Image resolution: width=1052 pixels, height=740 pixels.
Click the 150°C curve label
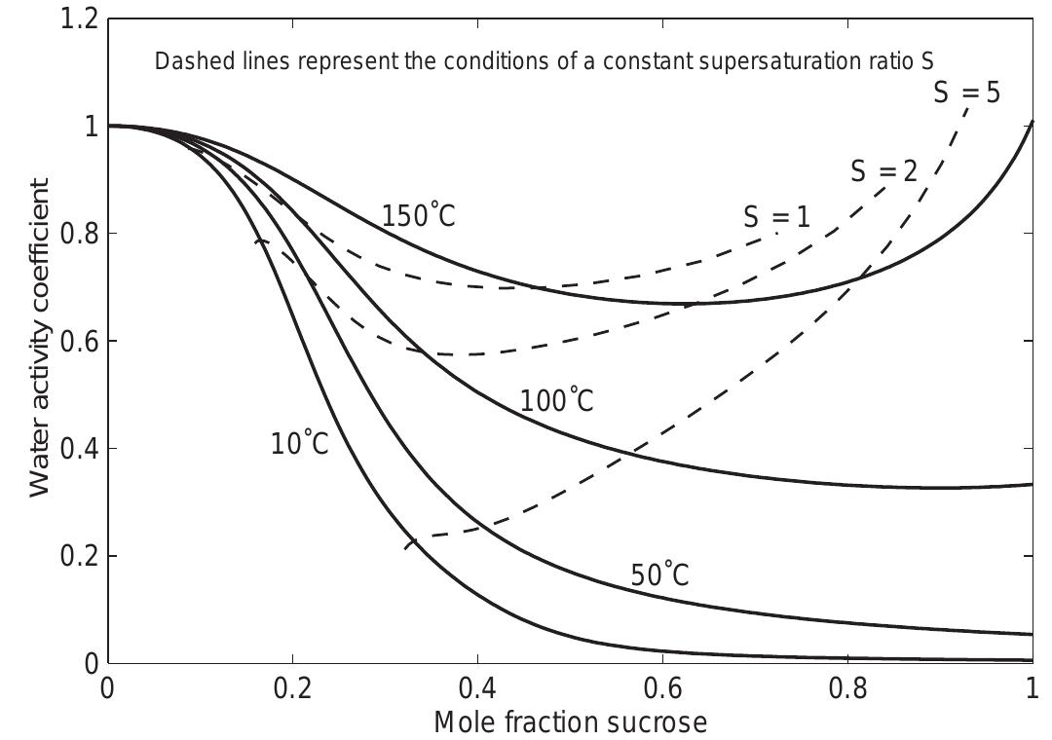pos(418,215)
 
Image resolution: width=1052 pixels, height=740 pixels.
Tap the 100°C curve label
pos(556,400)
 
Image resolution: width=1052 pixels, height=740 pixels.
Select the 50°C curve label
pos(659,575)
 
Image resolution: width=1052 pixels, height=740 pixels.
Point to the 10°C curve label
pos(299,444)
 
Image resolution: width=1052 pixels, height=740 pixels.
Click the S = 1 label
pos(776,217)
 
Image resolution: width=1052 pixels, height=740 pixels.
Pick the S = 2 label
pos(883,171)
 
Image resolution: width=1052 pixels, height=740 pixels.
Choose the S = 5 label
pos(966,92)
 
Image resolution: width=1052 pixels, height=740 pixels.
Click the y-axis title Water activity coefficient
pos(39,338)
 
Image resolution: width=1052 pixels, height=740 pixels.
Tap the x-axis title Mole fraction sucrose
pos(570,722)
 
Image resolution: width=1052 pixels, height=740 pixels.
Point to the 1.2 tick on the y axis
pos(79,18)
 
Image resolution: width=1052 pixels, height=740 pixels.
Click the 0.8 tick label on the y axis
pos(79,234)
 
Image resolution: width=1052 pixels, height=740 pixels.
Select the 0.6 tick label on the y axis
pos(79,342)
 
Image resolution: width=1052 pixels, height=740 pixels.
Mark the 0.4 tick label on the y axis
pos(79,449)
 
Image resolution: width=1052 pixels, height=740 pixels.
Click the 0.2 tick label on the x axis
pos(291,689)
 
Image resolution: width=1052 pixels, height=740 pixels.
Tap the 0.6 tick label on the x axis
pos(661,689)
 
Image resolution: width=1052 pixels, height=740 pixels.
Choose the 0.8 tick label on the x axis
pos(846,689)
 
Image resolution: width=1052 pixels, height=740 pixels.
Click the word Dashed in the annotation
pos(187,61)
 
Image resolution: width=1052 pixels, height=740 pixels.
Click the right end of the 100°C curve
pos(1032,484)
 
